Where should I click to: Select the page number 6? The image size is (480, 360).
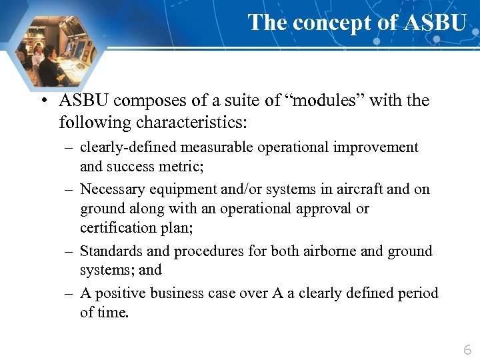(467, 349)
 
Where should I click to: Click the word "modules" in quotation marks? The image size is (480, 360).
(328, 101)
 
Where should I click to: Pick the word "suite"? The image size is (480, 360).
(238, 101)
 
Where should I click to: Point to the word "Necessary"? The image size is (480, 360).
(113, 189)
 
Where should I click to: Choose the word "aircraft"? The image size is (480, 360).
(357, 189)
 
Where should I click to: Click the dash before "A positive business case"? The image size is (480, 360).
(69, 293)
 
